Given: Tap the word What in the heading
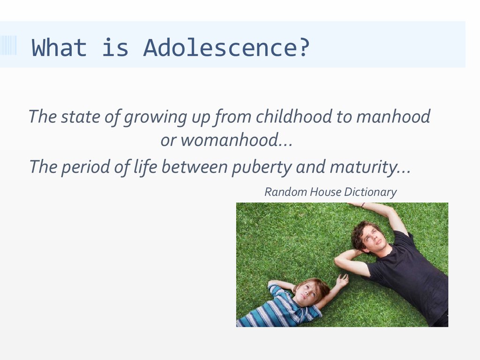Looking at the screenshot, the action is [x=59, y=48].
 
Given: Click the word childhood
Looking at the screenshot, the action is [x=294, y=116].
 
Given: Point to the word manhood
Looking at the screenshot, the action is [x=393, y=116].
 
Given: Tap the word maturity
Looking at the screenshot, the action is [x=363, y=167].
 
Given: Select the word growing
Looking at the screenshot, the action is [x=155, y=117].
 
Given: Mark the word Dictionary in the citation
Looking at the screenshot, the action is [x=370, y=192].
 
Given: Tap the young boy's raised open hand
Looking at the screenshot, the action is [x=342, y=280].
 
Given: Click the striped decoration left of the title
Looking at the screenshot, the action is [x=8, y=45].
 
